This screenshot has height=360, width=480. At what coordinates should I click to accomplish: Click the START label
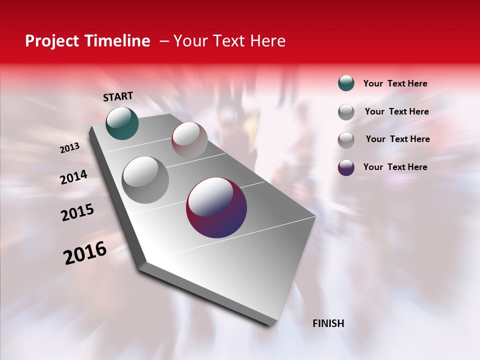point(118,96)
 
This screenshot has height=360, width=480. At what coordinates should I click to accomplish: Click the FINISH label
point(328,323)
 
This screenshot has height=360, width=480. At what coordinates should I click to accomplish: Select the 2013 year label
point(69,148)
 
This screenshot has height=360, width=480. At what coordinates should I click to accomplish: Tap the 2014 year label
point(73,177)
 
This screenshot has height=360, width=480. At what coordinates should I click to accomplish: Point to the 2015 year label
point(77,212)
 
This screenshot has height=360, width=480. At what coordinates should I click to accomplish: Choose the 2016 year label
point(85,253)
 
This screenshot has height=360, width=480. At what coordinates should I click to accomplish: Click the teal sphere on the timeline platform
point(122,123)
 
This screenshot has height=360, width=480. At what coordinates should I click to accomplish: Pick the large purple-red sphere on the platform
point(216,207)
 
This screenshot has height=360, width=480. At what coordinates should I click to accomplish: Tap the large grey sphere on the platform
point(145,180)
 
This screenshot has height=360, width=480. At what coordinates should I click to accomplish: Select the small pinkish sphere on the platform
point(189,139)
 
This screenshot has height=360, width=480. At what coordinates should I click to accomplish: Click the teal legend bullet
point(346,83)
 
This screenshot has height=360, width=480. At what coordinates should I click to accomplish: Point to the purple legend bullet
point(346,167)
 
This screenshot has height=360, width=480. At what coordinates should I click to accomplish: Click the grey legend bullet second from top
point(346,112)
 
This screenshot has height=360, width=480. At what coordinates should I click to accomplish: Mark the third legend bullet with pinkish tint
point(346,140)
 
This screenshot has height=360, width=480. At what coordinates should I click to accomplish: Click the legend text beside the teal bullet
point(395,83)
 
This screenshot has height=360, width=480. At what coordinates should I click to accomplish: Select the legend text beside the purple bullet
point(395,167)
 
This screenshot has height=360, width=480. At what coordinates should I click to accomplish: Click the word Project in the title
point(52,41)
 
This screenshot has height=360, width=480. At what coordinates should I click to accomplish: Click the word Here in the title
point(267,41)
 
